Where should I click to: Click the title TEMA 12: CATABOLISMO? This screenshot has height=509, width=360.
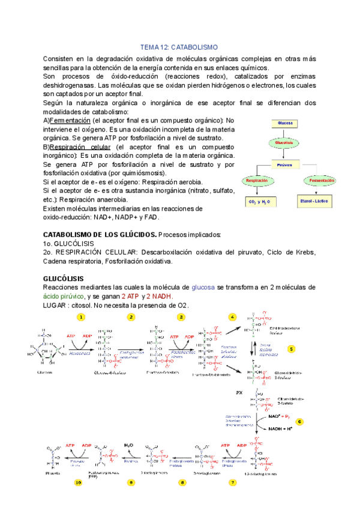pyautogui.click(x=179, y=47)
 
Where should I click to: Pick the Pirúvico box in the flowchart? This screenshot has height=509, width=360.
pyautogui.click(x=284, y=163)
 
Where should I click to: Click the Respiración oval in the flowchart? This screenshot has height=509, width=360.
pyautogui.click(x=256, y=180)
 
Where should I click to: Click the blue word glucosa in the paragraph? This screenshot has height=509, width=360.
pyautogui.click(x=200, y=288)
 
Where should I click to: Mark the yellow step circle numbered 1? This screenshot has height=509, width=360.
pyautogui.click(x=80, y=316)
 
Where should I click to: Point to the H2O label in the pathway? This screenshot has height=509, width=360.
pyautogui.click(x=129, y=445)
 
